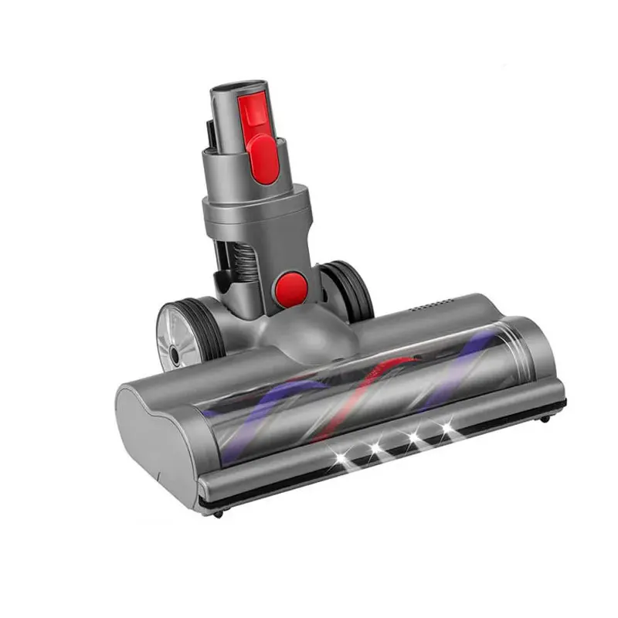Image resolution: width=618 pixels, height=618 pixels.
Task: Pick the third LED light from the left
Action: pos(414,438)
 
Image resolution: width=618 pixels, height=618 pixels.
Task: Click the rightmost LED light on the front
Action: pos(446,427)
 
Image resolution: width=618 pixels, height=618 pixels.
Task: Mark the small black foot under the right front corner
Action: pos(546,417)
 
